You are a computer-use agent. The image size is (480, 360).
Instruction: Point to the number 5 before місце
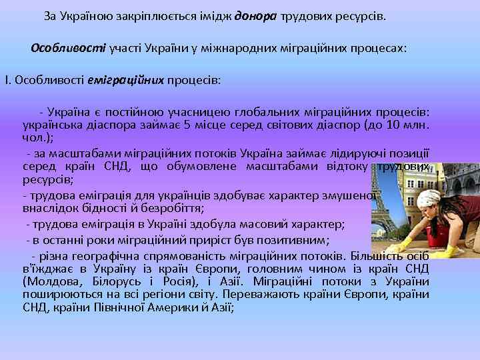tap(187, 125)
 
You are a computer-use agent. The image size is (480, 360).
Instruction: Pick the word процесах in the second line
tap(373, 49)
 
